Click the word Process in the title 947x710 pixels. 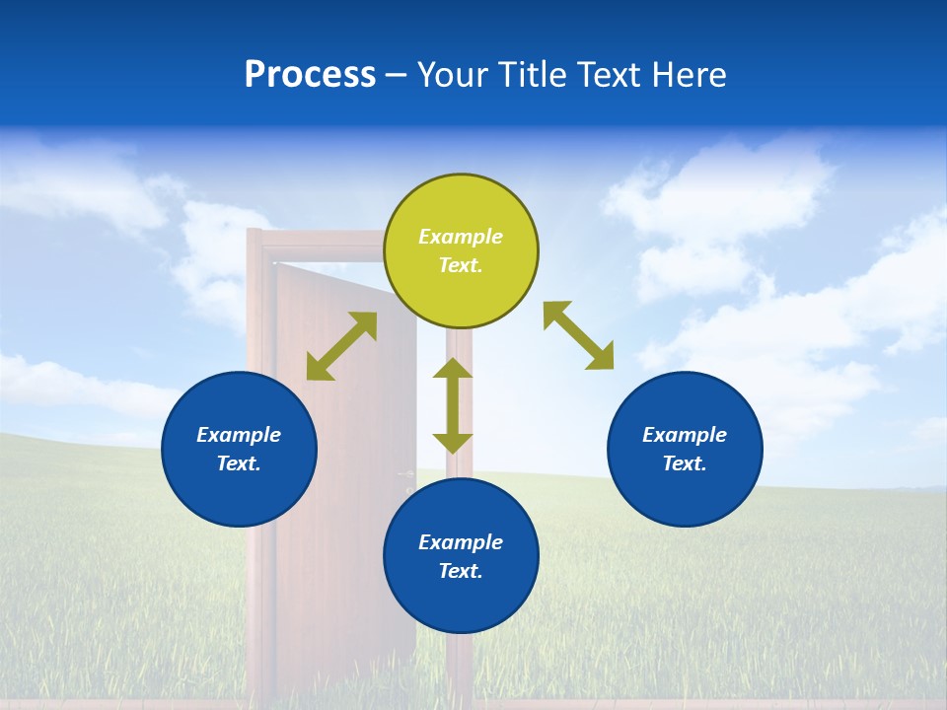(310, 75)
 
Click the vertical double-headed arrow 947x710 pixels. (453, 405)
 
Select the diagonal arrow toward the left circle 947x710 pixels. (341, 346)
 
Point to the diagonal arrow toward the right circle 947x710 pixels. (579, 335)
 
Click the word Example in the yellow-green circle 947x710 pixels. (461, 237)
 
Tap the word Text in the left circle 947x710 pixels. (239, 463)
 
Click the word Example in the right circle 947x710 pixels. (685, 435)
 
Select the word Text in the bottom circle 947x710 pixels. (461, 571)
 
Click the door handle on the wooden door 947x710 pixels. (406, 475)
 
